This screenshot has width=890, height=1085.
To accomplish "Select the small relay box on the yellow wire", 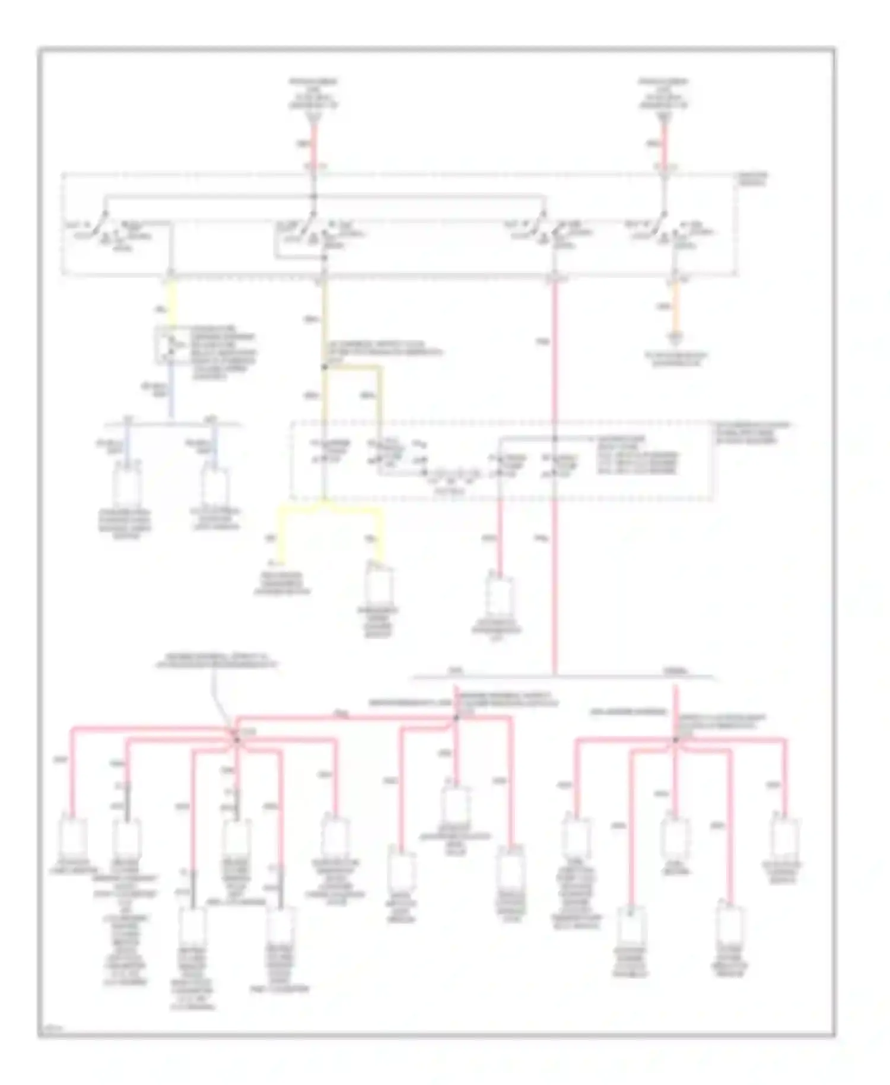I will (171, 344).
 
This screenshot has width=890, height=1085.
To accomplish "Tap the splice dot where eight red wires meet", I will (236, 740).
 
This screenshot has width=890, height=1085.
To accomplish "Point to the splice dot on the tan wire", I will (324, 367).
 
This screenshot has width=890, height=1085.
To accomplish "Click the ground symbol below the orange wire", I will (675, 339).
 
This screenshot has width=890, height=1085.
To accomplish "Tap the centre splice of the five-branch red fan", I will (675, 740).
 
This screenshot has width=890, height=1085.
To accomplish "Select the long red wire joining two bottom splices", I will (344, 718).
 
